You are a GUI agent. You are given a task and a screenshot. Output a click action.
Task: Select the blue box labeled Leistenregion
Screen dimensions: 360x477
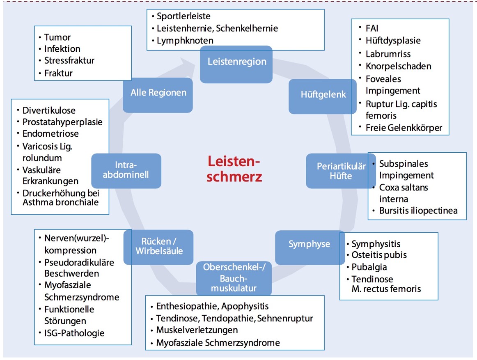coord(236,62)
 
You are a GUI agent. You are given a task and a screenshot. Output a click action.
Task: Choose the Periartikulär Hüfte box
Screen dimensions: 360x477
coord(341,171)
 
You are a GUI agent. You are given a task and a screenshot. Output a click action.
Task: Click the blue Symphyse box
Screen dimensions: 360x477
coord(310,244)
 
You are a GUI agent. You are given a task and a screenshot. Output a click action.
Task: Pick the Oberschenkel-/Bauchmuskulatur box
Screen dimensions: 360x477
coord(234,277)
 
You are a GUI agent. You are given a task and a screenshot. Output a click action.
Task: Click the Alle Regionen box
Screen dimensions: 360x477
coord(158,93)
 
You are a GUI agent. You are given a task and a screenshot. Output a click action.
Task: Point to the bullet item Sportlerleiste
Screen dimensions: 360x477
coord(183,16)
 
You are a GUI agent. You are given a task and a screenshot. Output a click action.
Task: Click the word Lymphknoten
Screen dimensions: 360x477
coord(185,41)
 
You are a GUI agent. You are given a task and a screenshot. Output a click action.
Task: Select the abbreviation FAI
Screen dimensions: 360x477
coord(372,28)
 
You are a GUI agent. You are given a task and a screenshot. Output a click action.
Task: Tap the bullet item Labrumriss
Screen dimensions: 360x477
coord(388,54)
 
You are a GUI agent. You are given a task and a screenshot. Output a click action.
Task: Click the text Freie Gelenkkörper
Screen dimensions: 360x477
coord(404,128)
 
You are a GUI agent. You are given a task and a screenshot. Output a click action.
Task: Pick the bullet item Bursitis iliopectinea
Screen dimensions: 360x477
coord(417,211)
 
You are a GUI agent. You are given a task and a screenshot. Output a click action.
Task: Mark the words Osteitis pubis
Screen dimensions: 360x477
coord(379,255)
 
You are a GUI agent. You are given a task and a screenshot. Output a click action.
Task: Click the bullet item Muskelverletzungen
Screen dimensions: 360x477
coord(197,330)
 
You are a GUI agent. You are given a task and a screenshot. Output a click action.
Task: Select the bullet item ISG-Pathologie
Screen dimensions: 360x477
coord(74,333)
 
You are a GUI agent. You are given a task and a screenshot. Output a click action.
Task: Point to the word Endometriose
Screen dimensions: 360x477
coord(50,134)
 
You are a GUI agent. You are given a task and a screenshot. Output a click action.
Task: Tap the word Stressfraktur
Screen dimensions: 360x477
coord(69,61)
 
